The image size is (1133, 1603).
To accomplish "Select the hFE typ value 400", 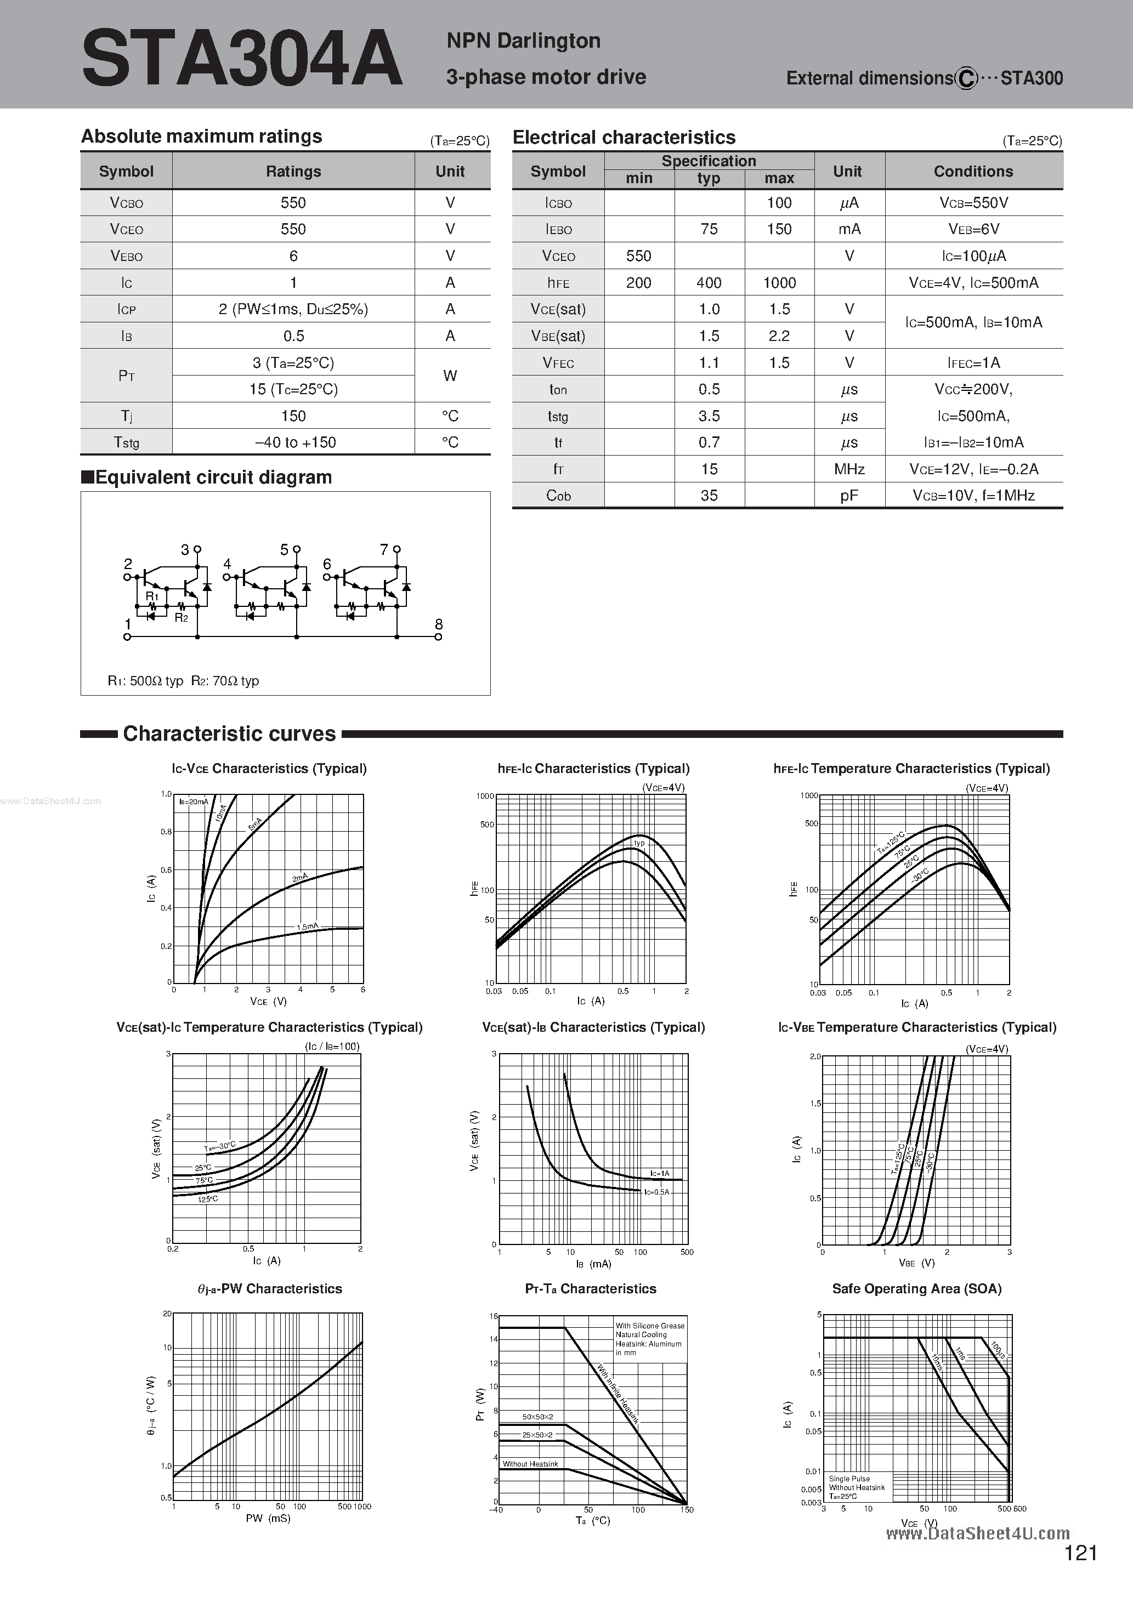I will coord(709,283).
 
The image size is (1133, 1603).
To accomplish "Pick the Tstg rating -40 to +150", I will coord(294,442).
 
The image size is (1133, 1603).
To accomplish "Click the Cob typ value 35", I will coord(709,496).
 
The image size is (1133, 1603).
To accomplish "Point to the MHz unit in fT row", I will coord(849,469).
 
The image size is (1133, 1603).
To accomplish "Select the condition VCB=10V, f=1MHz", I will coord(973,496).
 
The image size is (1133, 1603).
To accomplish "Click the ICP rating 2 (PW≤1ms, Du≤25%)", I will coord(293,309).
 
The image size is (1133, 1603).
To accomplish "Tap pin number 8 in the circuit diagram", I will coord(439,624).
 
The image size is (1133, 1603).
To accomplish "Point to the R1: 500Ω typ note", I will coord(145,681).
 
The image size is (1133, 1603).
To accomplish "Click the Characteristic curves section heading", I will coord(229,734).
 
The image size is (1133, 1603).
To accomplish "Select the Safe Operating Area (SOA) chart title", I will coord(916,1289).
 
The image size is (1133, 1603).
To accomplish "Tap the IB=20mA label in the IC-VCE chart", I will coord(193,801).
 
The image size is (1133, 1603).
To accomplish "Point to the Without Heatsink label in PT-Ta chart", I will coord(530,1464).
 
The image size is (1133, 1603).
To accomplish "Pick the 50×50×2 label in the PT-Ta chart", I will coord(537,1417).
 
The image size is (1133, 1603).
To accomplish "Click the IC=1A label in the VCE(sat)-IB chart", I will coord(659,1174).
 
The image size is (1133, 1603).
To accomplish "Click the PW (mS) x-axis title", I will coord(268,1518).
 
